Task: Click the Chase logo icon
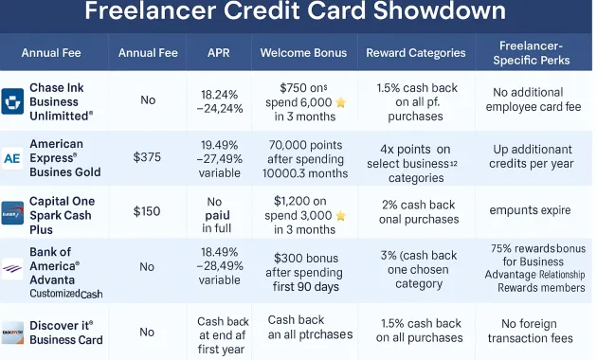point(13,101)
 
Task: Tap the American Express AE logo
point(12,158)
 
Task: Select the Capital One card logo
point(12,212)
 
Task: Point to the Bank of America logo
point(12,268)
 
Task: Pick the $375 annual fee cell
point(147,157)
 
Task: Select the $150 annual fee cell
point(147,211)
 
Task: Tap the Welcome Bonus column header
point(303,52)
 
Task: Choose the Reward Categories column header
point(415,52)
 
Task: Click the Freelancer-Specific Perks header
point(532,52)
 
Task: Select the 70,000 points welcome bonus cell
point(303,157)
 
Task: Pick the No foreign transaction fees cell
point(532,332)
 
